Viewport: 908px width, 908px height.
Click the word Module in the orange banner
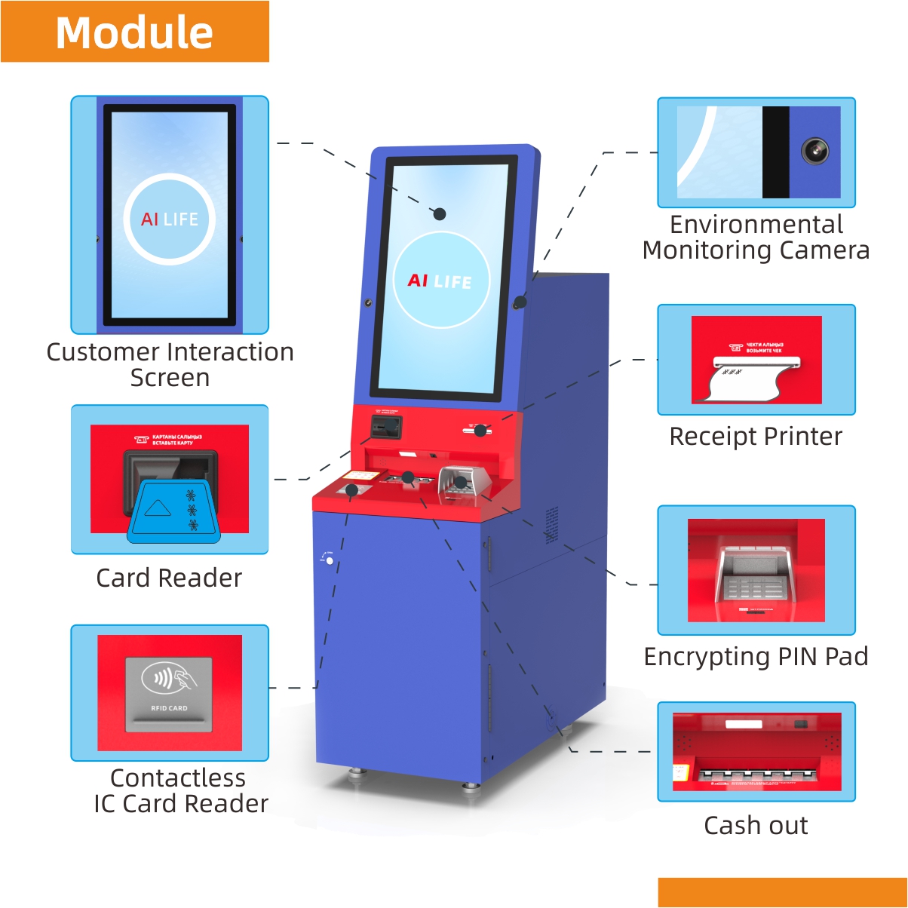pyautogui.click(x=134, y=32)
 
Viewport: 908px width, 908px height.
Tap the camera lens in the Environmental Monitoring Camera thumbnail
pyautogui.click(x=814, y=151)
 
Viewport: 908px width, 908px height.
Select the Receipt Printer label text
pyautogui.click(x=756, y=437)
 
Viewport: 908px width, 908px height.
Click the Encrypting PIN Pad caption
pyautogui.click(x=756, y=657)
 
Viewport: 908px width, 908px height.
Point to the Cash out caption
pyautogui.click(x=756, y=826)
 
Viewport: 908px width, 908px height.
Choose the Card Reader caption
pyautogui.click(x=169, y=578)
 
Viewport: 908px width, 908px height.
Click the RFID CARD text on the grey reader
pyautogui.click(x=169, y=708)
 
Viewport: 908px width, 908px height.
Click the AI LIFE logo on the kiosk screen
pyautogui.click(x=440, y=281)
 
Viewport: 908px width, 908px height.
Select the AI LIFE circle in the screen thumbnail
pyautogui.click(x=170, y=219)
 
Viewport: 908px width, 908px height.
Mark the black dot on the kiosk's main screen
pyautogui.click(x=440, y=214)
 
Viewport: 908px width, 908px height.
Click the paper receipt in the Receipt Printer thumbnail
pyautogui.click(x=747, y=381)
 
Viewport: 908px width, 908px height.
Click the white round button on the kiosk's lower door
pyautogui.click(x=330, y=561)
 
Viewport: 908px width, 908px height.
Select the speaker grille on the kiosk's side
pyautogui.click(x=552, y=525)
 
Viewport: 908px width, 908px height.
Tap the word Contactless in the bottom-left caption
pyautogui.click(x=178, y=778)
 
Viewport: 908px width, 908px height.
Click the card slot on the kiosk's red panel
pyautogui.click(x=385, y=428)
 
